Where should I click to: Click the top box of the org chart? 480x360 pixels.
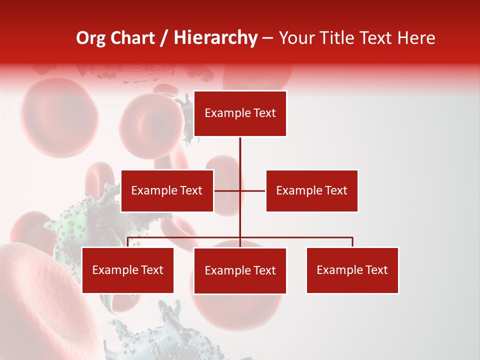click(240, 113)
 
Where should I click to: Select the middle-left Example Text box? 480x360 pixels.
click(167, 190)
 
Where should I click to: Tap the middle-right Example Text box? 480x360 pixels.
click(311, 190)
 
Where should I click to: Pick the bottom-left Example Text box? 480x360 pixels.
click(127, 270)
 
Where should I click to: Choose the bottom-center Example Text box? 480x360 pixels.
click(240, 270)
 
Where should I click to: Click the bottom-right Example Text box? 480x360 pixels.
click(352, 270)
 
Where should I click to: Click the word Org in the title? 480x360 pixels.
click(90, 38)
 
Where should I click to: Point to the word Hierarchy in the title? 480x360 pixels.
click(215, 38)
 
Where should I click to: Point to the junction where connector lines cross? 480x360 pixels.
click(240, 190)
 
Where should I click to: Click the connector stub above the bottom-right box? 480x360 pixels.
click(352, 242)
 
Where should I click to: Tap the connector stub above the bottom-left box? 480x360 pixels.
click(128, 242)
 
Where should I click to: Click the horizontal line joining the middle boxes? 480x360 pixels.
click(252, 190)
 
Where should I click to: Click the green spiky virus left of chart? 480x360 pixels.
click(75, 225)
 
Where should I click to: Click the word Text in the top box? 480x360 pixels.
click(264, 113)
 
